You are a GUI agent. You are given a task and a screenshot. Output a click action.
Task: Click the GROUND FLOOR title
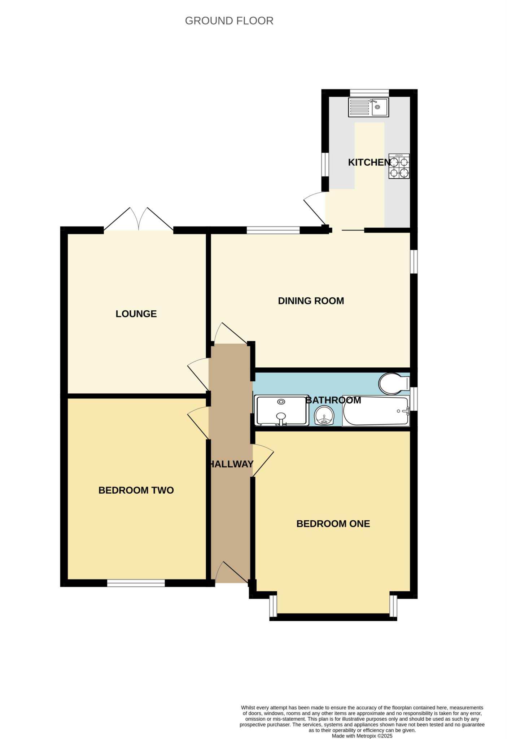[229, 21]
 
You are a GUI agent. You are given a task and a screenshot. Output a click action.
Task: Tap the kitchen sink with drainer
[368, 107]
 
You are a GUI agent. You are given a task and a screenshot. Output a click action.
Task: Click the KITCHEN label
[369, 162]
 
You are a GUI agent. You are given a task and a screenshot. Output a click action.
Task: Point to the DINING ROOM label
[311, 301]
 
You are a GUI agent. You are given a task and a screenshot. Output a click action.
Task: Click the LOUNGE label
[136, 314]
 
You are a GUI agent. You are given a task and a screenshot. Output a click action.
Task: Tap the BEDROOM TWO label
[136, 490]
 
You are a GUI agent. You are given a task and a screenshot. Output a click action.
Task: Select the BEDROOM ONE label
[333, 524]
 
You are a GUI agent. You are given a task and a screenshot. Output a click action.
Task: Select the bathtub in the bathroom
[375, 411]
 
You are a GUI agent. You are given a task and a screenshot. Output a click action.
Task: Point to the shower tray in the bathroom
[282, 411]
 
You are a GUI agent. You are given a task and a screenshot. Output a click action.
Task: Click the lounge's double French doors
[139, 220]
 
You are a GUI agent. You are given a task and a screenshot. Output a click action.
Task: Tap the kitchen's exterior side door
[315, 209]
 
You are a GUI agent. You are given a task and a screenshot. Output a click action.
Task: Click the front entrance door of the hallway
[231, 574]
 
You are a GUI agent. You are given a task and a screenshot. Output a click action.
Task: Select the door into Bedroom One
[263, 460]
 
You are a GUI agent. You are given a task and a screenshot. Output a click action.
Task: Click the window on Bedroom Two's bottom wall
[136, 583]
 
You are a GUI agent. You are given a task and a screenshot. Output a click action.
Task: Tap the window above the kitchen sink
[369, 93]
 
